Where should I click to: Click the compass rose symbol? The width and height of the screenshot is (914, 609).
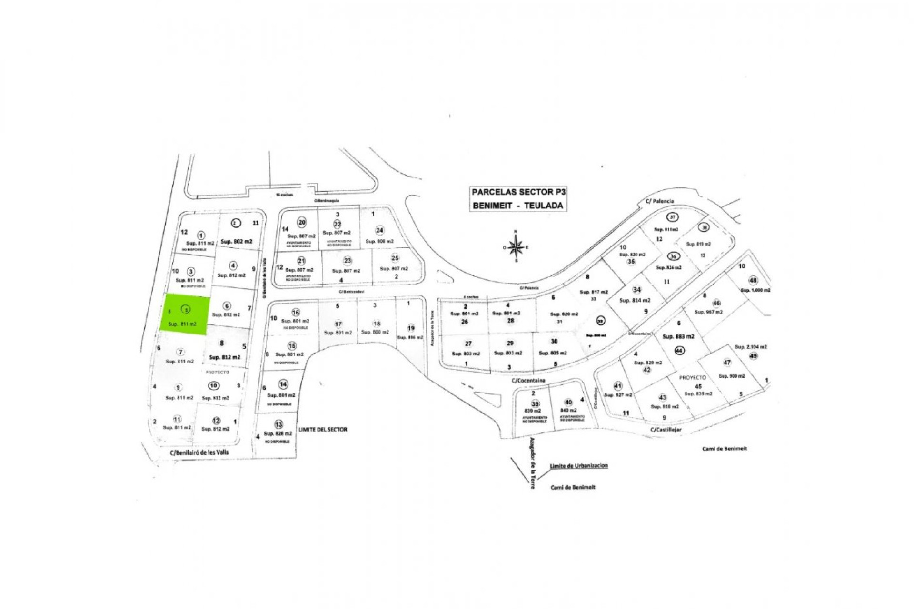tap(516, 247)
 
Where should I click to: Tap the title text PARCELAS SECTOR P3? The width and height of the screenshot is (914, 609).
tap(518, 192)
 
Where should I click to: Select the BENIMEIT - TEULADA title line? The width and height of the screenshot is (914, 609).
tap(518, 206)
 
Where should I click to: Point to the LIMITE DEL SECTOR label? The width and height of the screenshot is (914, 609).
tap(323, 429)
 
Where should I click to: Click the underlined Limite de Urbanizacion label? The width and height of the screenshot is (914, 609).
tap(579, 466)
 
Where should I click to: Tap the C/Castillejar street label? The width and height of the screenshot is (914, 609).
tap(666, 430)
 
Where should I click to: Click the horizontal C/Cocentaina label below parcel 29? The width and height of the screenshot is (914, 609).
tap(528, 381)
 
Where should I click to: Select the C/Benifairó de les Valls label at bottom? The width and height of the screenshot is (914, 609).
tap(199, 452)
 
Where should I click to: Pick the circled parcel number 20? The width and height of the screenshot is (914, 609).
tap(302, 222)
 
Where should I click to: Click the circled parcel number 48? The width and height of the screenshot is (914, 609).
tap(753, 280)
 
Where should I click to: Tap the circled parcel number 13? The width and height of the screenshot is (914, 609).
tap(278, 424)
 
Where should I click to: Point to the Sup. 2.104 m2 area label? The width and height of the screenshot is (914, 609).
tap(751, 347)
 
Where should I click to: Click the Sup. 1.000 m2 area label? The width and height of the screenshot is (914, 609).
tap(755, 290)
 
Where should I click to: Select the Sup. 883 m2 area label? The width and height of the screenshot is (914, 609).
tap(678, 336)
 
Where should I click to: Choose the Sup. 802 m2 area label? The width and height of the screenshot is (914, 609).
tap(236, 241)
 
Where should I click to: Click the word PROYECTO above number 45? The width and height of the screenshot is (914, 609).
tap(693, 377)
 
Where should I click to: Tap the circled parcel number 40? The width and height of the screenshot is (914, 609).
tap(568, 403)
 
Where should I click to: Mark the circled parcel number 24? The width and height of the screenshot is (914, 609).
tap(379, 230)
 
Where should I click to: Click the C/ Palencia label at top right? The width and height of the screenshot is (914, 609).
tap(659, 201)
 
